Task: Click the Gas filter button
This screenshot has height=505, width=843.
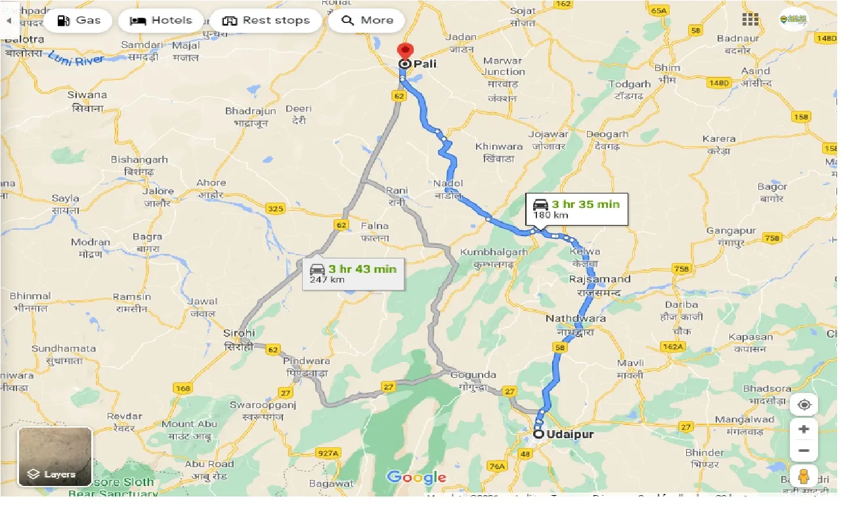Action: [x=78, y=20]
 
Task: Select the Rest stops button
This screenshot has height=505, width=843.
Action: [x=266, y=20]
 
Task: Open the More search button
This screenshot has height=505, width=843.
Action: [x=367, y=20]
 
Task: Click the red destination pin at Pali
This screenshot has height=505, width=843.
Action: [x=406, y=52]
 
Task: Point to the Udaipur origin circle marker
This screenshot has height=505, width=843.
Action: [x=538, y=434]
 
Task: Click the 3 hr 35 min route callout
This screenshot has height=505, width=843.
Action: [x=576, y=209]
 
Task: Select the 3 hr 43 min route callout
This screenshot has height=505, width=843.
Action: [x=353, y=273]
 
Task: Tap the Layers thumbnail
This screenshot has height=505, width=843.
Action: [x=55, y=457]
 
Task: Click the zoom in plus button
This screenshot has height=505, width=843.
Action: [x=804, y=430]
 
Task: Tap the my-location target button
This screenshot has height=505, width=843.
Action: [x=804, y=405]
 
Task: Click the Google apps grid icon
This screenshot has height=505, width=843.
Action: [x=750, y=20]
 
